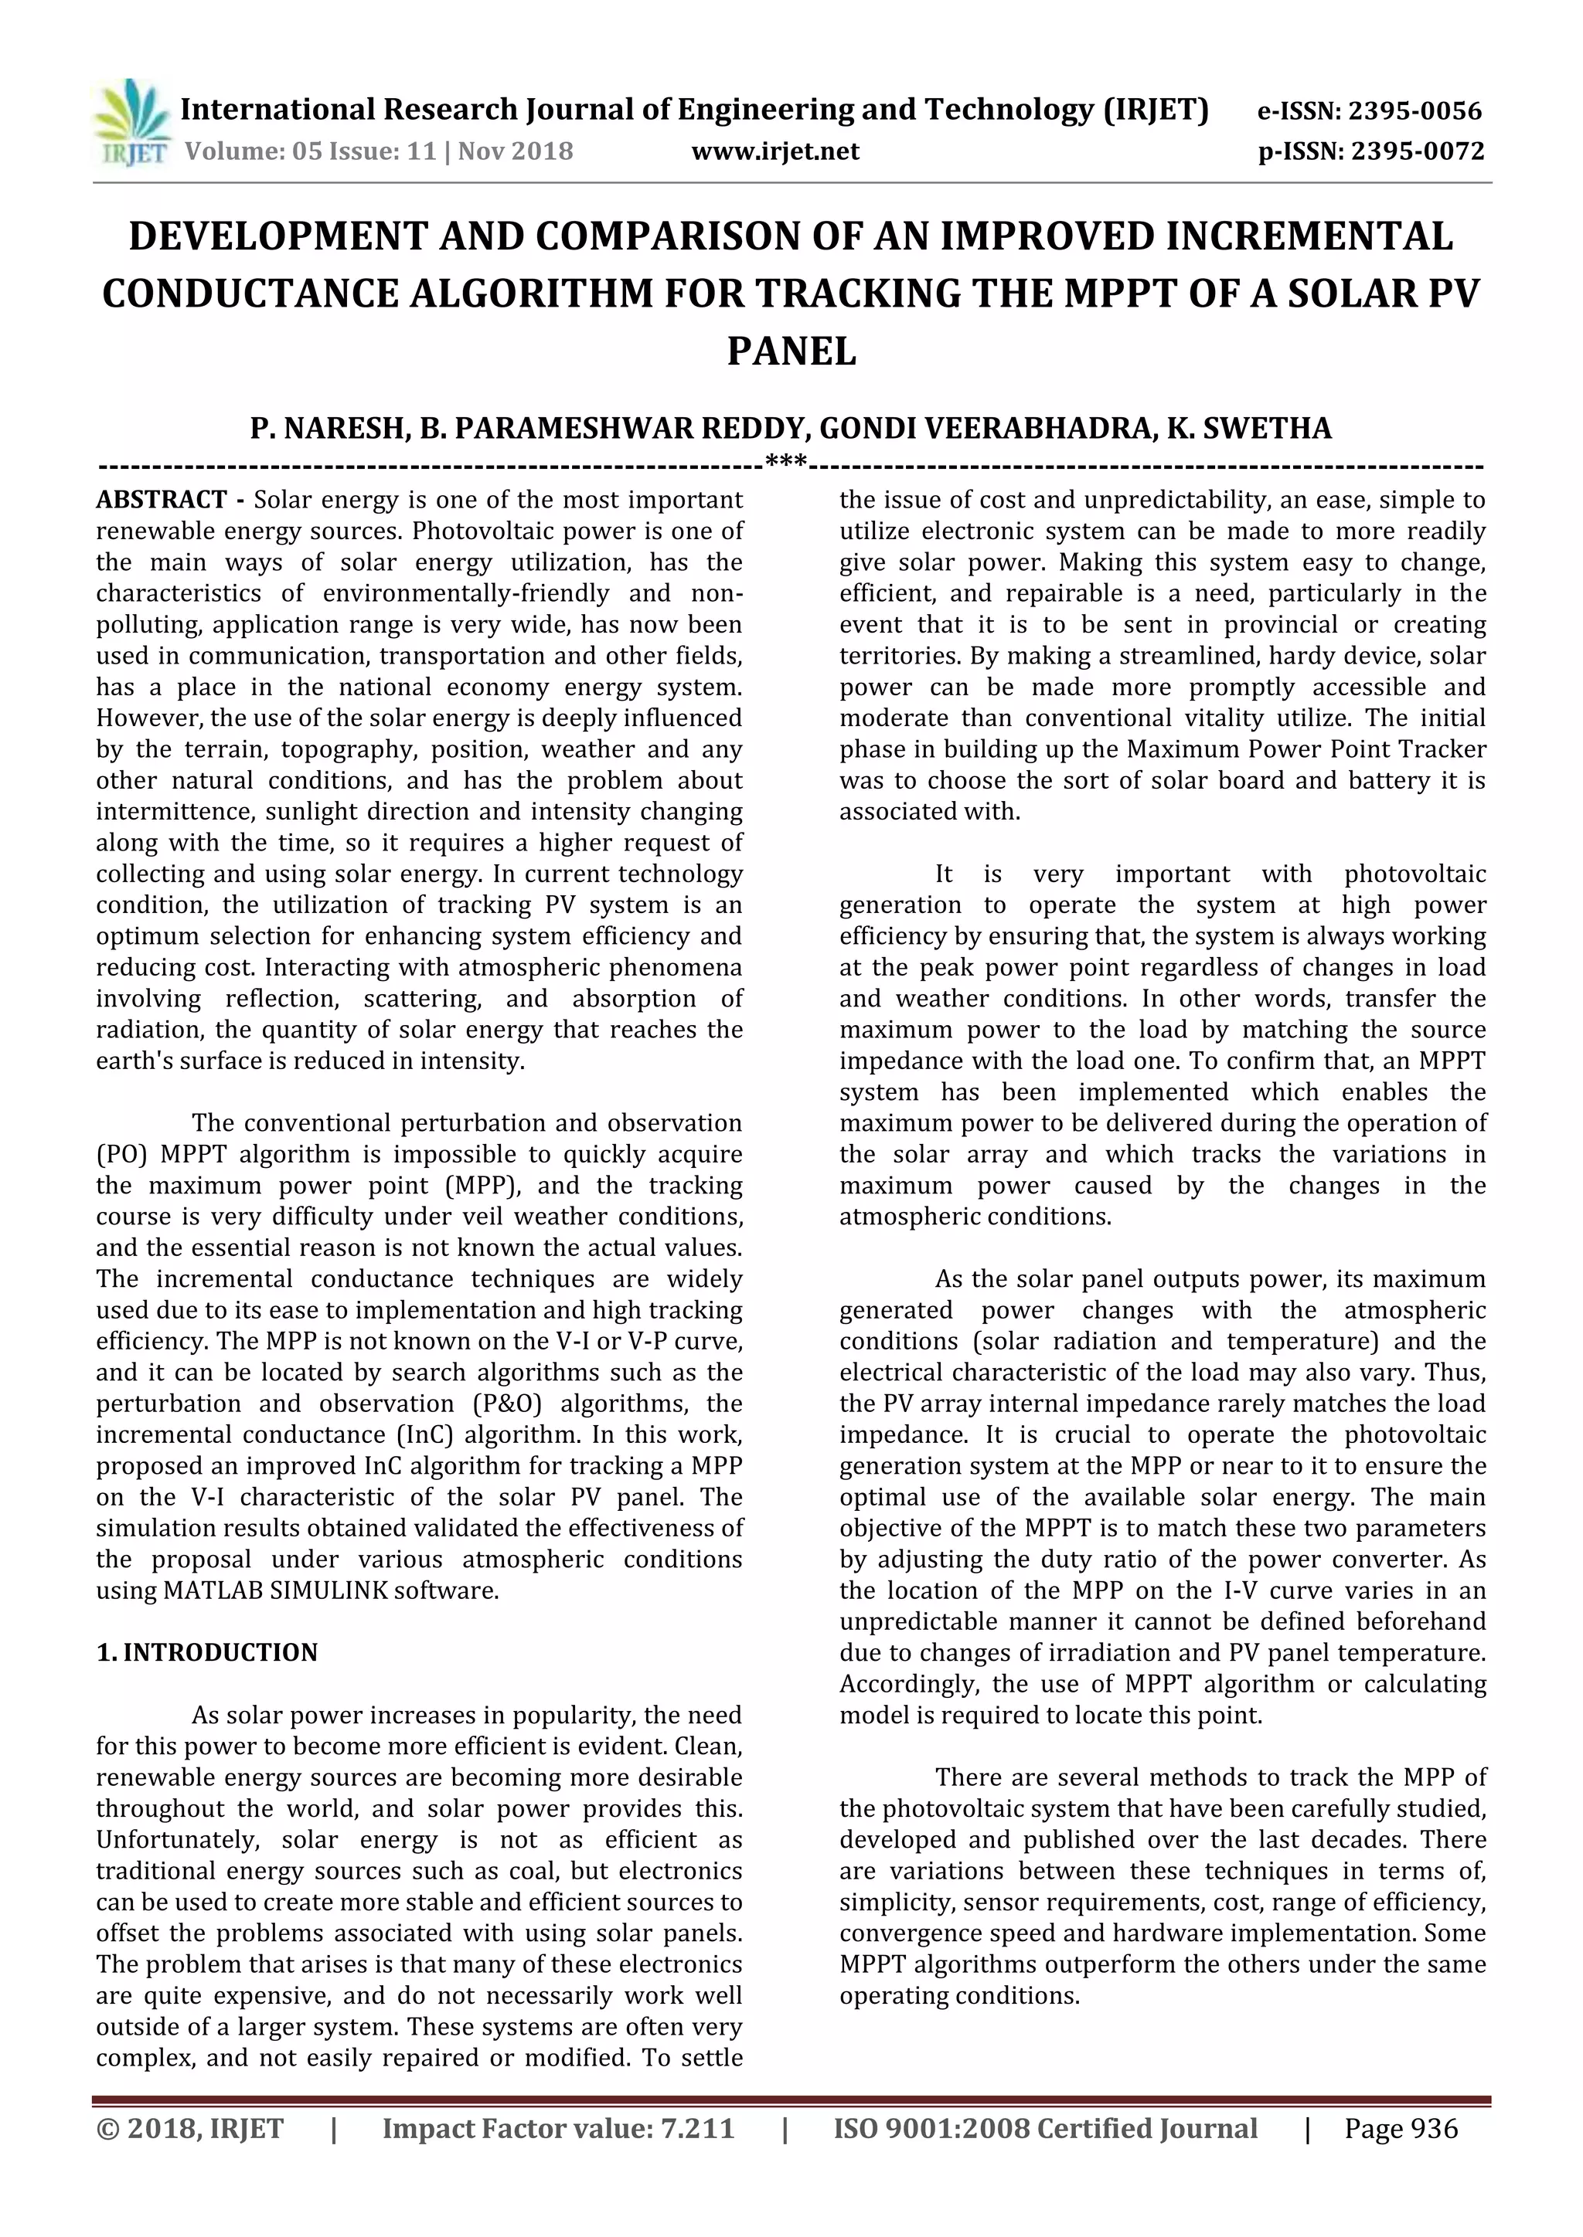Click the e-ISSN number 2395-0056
coord(1414,111)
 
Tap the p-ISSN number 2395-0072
coord(1415,152)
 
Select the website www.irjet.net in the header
coord(775,152)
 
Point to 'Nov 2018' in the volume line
coord(516,152)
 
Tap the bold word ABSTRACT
coord(162,501)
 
